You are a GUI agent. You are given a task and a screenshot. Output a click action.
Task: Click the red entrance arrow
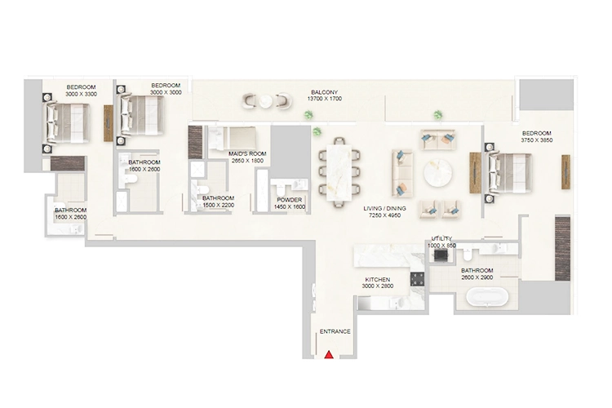(329, 354)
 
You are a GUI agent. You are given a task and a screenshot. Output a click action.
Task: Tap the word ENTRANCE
(335, 331)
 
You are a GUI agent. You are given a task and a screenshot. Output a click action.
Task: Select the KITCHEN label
(377, 280)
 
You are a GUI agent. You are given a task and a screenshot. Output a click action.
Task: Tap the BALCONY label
(325, 92)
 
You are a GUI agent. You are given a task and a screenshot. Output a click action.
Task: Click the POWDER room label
(290, 200)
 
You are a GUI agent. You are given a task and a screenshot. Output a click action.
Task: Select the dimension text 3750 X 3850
(537, 140)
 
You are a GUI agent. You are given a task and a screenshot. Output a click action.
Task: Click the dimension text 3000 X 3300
(81, 95)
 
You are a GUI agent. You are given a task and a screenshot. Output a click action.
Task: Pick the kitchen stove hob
(419, 277)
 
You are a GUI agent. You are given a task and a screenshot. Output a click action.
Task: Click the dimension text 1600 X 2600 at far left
(70, 217)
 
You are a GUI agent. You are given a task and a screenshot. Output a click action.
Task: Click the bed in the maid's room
(241, 135)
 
